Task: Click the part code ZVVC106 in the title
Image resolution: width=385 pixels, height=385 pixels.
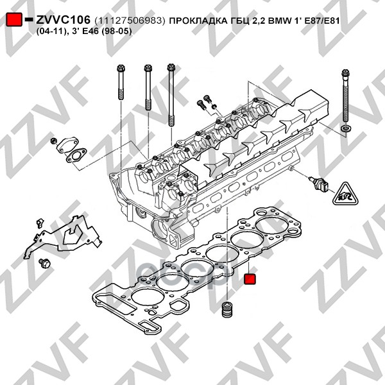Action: [63, 20]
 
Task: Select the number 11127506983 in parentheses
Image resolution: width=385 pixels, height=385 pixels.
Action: [130, 21]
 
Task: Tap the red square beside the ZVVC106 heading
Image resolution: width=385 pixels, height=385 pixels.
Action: [14, 19]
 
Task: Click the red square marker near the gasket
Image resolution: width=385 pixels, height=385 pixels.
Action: [250, 279]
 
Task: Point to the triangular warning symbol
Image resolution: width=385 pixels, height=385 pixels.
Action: [345, 194]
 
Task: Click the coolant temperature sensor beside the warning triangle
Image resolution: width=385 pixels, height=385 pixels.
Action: [318, 183]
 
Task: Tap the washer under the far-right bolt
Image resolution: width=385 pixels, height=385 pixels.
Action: [346, 129]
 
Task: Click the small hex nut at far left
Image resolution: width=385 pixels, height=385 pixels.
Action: [54, 141]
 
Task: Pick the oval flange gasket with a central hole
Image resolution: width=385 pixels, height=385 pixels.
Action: [76, 156]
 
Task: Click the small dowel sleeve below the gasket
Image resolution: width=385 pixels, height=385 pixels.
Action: [227, 309]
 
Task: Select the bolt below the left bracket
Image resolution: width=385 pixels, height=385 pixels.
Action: [44, 263]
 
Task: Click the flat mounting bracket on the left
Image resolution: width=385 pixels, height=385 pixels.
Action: [63, 235]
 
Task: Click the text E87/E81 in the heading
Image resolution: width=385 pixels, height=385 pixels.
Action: [322, 21]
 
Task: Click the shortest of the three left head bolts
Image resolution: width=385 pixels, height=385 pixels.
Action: [121, 82]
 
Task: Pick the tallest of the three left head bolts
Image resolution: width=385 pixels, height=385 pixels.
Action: [171, 95]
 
